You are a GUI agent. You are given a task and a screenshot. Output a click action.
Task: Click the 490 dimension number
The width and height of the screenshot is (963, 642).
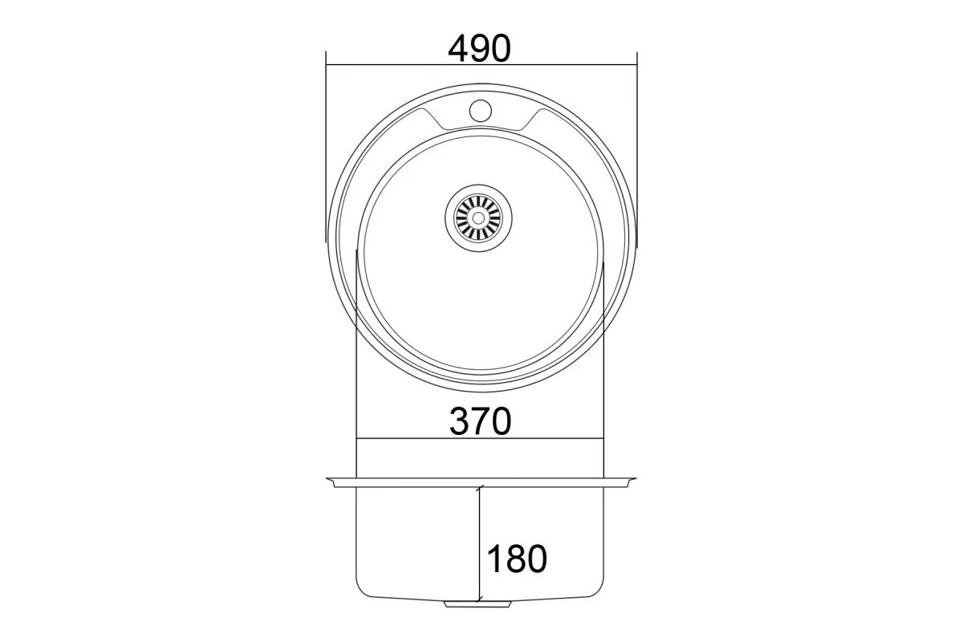[x=479, y=48]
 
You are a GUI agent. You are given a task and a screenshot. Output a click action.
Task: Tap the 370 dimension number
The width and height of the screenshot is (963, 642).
[x=480, y=421]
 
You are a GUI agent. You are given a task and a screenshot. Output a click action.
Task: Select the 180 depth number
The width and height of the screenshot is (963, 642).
[x=517, y=559]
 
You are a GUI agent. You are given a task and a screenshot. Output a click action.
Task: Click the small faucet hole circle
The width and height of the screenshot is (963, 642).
[x=480, y=109]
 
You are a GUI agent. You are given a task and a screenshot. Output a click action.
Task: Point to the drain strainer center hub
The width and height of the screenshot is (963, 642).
[x=478, y=218]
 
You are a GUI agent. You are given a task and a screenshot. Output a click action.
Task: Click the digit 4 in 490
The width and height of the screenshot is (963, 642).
[x=458, y=48]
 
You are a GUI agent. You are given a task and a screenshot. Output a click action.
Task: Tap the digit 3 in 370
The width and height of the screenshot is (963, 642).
[x=459, y=421]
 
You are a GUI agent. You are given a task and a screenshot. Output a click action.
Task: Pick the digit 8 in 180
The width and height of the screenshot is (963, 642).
[x=517, y=559]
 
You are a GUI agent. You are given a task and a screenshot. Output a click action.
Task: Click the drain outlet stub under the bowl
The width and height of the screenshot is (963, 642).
[x=477, y=604]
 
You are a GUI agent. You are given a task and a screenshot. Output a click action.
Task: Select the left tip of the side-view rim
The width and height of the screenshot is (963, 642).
[x=327, y=478]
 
